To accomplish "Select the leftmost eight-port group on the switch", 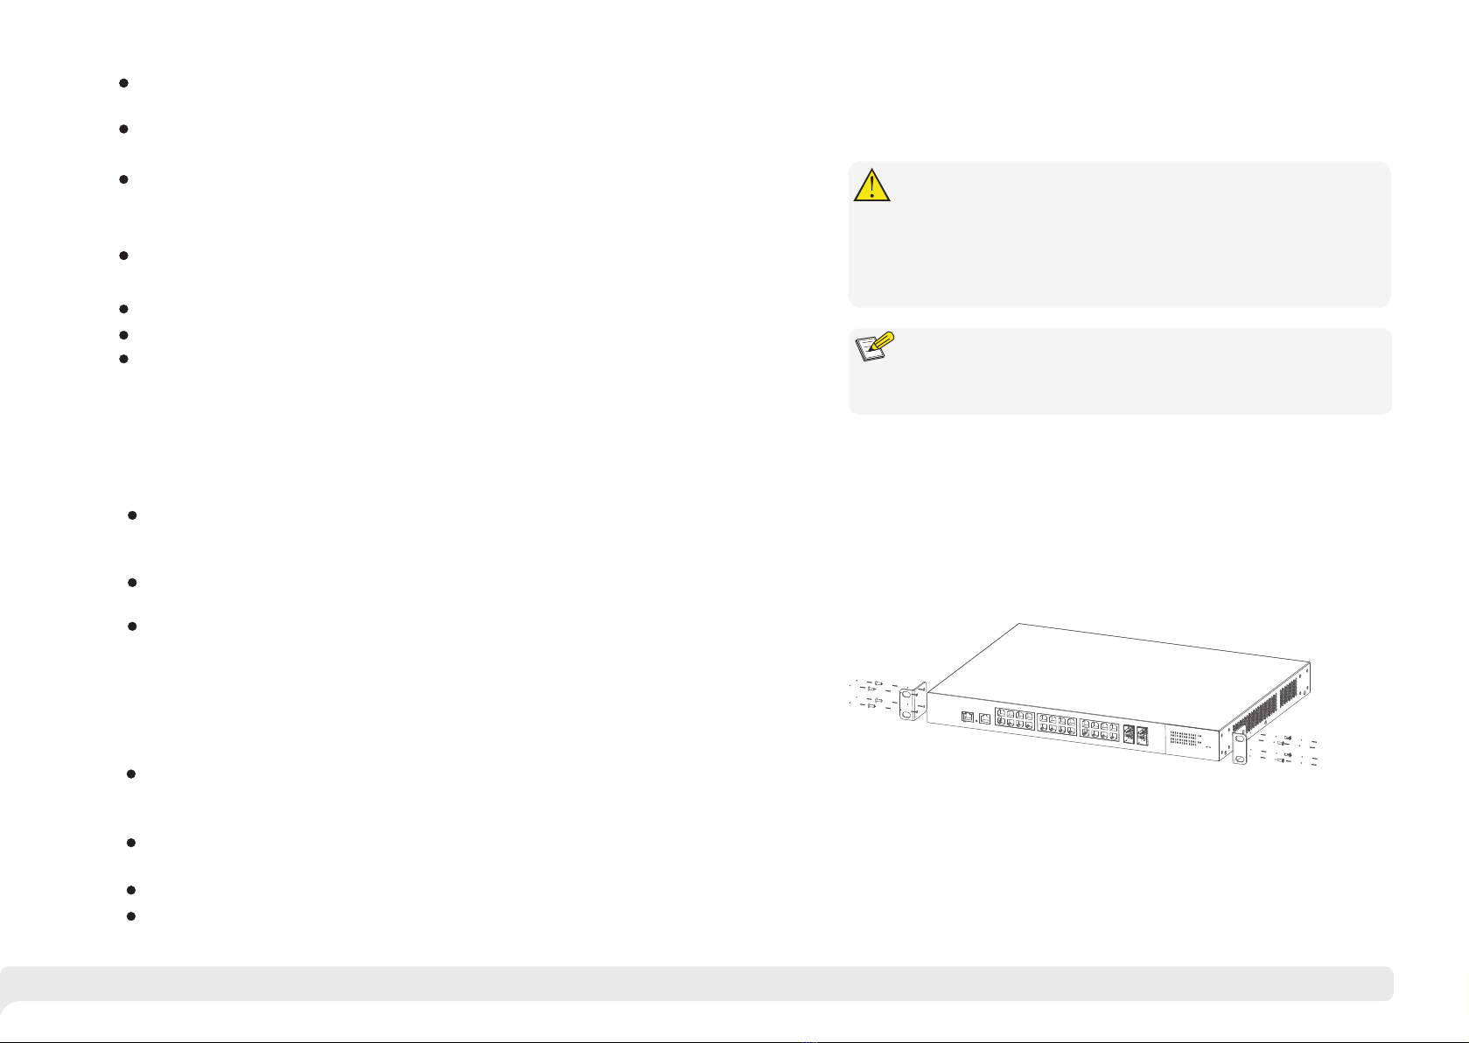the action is click(1015, 723).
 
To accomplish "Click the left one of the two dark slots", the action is click(1130, 735).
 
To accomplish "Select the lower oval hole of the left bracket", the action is click(906, 714).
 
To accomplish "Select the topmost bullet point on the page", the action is click(123, 83).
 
